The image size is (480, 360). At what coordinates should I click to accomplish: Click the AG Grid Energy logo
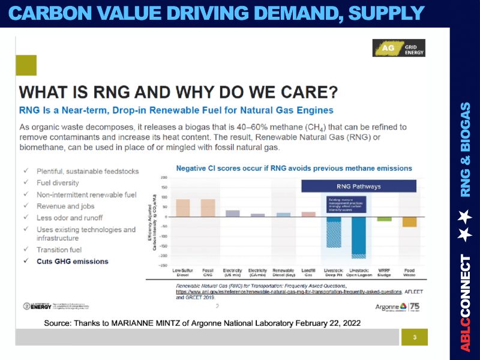click(x=398, y=48)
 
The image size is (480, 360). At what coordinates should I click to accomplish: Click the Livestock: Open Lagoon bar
click(x=358, y=236)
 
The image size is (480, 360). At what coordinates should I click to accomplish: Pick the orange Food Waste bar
click(x=409, y=221)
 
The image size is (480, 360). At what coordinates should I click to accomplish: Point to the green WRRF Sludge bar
click(x=384, y=218)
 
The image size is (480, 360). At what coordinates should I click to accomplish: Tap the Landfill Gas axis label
click(x=308, y=273)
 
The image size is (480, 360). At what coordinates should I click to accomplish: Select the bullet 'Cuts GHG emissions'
click(x=73, y=261)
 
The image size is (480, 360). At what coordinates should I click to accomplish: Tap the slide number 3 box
click(x=414, y=337)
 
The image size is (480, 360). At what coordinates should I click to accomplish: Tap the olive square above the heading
click(x=26, y=65)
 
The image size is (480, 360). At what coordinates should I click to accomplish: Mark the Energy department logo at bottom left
click(x=37, y=307)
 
